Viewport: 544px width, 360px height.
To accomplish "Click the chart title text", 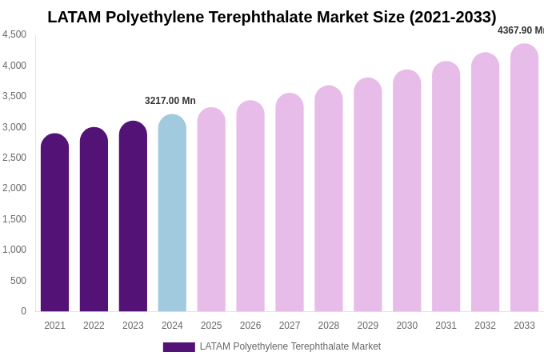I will point(272,17).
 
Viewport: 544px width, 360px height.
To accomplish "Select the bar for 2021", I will point(54,224).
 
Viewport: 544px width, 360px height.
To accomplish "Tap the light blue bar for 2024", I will point(172,214).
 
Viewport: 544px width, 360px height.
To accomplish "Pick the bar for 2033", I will point(524,179).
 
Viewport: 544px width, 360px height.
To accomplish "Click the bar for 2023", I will point(133,218).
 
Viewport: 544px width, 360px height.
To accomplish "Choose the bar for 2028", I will point(329,200).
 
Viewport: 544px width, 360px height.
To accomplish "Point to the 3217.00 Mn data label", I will point(170,101).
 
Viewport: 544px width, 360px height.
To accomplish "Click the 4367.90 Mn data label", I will point(521,30).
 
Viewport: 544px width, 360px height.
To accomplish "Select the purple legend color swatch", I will point(178,347).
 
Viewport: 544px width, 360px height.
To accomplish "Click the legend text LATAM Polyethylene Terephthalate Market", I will point(290,346).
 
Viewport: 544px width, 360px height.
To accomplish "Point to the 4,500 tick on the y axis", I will point(14,34).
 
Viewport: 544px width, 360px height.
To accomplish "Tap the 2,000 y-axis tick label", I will point(14,188).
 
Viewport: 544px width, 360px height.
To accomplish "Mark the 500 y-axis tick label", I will point(18,281).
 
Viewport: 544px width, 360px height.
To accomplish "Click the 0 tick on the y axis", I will point(23,311).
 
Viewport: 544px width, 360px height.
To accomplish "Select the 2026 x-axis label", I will point(250,326).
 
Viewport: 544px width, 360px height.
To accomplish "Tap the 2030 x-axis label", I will point(406,326).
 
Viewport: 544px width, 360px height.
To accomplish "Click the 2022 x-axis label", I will point(94,326).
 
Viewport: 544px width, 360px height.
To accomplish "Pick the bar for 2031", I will point(446,188).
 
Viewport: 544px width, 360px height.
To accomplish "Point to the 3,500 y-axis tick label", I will point(14,96).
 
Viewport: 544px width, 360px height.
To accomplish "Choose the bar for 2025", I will point(211,211).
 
